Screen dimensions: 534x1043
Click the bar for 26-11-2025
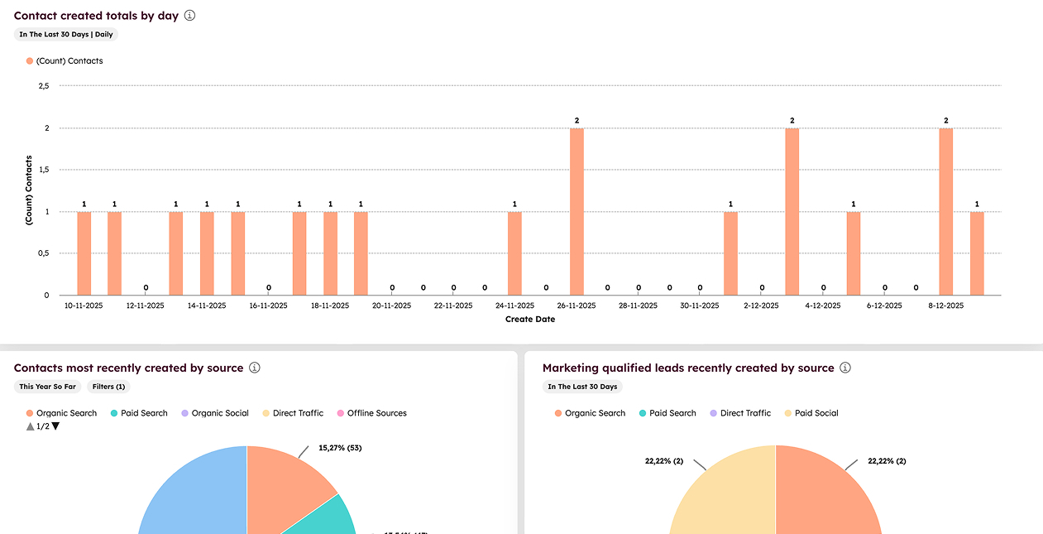pyautogui.click(x=577, y=211)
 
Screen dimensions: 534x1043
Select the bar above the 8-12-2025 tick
pyautogui.click(x=945, y=211)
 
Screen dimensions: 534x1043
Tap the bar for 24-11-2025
pyautogui.click(x=514, y=253)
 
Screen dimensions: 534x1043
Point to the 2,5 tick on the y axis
pyautogui.click(x=44, y=85)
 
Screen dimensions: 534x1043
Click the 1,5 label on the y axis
pyautogui.click(x=44, y=170)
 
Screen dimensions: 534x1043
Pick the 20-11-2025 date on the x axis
pyautogui.click(x=392, y=305)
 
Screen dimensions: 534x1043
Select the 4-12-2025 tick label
pyautogui.click(x=822, y=305)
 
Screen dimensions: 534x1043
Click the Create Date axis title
pyautogui.click(x=530, y=319)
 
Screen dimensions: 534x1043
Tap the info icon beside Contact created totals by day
pyautogui.click(x=189, y=16)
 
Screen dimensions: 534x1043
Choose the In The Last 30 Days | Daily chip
pyautogui.click(x=66, y=35)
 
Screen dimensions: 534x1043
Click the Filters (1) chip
pyautogui.click(x=108, y=387)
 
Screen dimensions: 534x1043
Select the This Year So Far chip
pyautogui.click(x=48, y=387)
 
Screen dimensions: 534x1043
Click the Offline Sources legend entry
pyautogui.click(x=376, y=413)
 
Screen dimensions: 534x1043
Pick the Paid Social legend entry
pyautogui.click(x=816, y=413)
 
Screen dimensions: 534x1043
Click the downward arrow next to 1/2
pyautogui.click(x=55, y=426)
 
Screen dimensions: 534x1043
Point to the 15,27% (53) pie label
pyautogui.click(x=340, y=448)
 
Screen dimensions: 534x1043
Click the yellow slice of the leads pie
pyautogui.click(x=728, y=497)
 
